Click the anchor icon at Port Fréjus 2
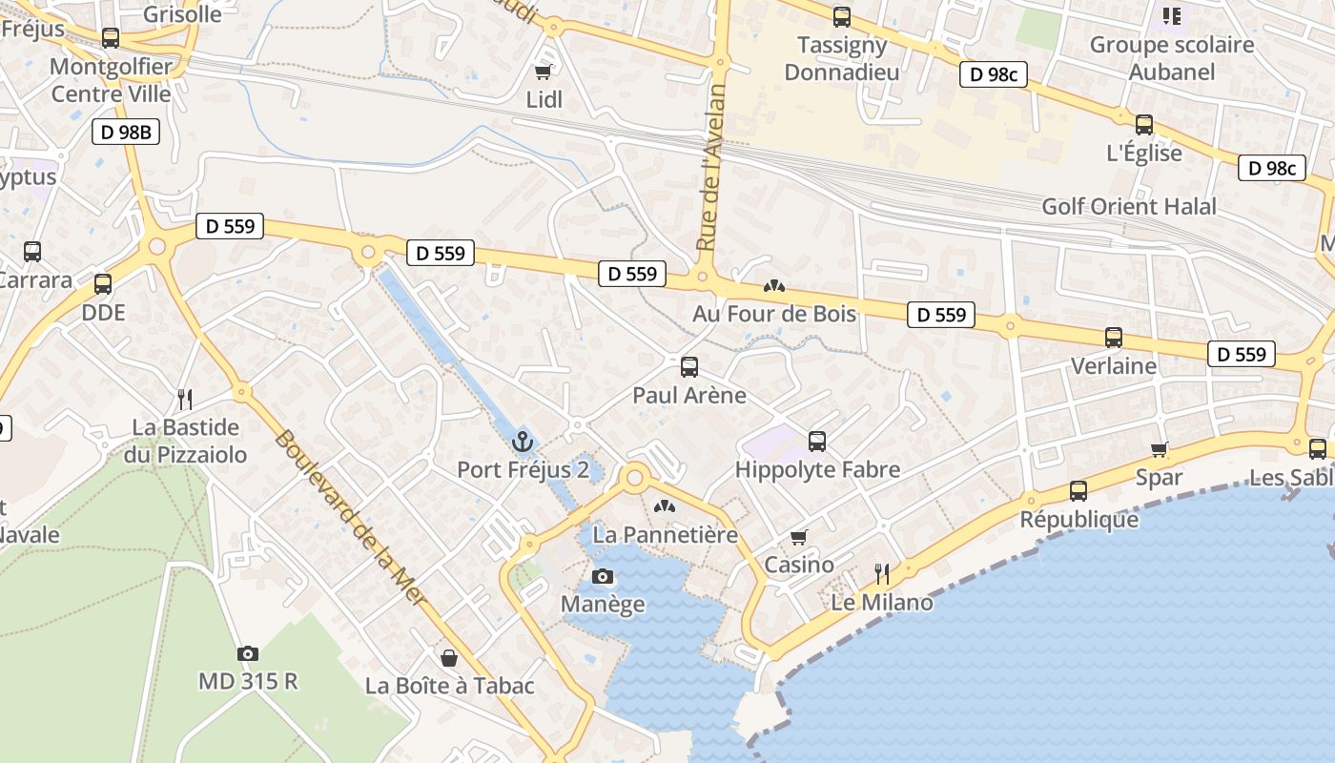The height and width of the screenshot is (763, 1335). pyautogui.click(x=522, y=441)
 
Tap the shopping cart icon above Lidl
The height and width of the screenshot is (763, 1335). pyautogui.click(x=544, y=72)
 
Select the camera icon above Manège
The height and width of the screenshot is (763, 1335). pyautogui.click(x=603, y=576)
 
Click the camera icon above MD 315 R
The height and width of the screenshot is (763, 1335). pyautogui.click(x=248, y=653)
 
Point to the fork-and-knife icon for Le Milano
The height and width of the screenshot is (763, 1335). pyautogui.click(x=882, y=573)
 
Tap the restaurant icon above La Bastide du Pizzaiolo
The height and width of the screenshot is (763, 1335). pyautogui.click(x=185, y=398)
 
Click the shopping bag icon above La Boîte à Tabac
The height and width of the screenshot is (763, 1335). pyautogui.click(x=449, y=658)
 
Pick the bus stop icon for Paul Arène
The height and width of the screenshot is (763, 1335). pyautogui.click(x=689, y=366)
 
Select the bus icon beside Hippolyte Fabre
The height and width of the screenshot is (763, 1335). pyautogui.click(x=817, y=441)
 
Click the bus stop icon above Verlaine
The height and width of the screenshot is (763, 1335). pyautogui.click(x=1113, y=337)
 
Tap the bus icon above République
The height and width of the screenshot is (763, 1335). pyautogui.click(x=1078, y=490)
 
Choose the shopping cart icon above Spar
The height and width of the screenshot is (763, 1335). pyautogui.click(x=1160, y=449)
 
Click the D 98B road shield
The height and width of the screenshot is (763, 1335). pyautogui.click(x=126, y=132)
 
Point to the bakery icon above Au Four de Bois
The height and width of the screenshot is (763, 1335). pyautogui.click(x=774, y=285)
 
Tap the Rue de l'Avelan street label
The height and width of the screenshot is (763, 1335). pyautogui.click(x=711, y=167)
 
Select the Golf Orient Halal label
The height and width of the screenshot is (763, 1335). pyautogui.click(x=1129, y=206)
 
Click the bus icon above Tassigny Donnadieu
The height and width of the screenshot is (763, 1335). pyautogui.click(x=841, y=16)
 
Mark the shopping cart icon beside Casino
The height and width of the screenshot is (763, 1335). pyautogui.click(x=799, y=537)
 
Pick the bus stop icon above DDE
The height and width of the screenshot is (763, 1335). pyautogui.click(x=103, y=283)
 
